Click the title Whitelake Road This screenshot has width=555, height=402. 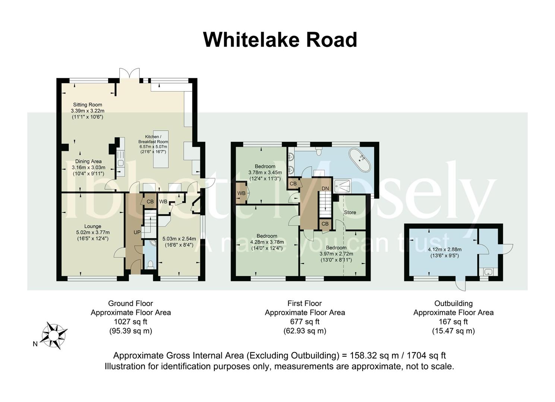280,39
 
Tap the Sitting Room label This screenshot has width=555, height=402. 88,105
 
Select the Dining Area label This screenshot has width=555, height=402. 88,161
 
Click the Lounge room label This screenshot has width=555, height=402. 93,226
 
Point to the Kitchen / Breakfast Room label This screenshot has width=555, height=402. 153,139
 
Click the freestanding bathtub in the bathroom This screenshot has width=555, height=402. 360,160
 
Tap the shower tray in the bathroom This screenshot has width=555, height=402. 343,186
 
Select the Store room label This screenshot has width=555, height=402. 350,212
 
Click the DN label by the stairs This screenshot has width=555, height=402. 325,188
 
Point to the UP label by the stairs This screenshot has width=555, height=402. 137,232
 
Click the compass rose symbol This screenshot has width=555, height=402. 54,336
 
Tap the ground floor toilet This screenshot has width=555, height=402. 150,265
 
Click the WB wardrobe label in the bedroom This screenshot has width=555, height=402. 241,193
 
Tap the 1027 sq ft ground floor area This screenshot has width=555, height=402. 130,322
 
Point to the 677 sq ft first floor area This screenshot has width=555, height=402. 305,322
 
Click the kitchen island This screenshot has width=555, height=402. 161,149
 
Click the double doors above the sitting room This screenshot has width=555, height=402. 129,73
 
